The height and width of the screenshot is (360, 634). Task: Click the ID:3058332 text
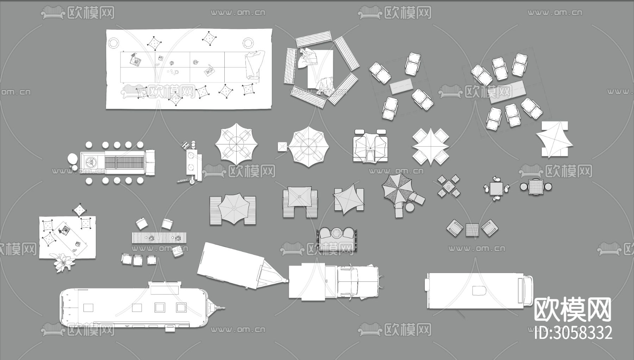coord(573,333)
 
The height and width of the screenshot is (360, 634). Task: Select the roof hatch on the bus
coord(479,291)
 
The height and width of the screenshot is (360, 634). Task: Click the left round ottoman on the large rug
coord(113,43)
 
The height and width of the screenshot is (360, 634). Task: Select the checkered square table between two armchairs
coord(472,230)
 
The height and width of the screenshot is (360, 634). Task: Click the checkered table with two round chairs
coord(536,186)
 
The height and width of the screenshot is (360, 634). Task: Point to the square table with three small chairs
coord(497,189)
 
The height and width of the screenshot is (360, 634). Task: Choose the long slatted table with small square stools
coord(159,238)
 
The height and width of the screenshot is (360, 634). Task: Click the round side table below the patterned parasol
coord(410,207)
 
